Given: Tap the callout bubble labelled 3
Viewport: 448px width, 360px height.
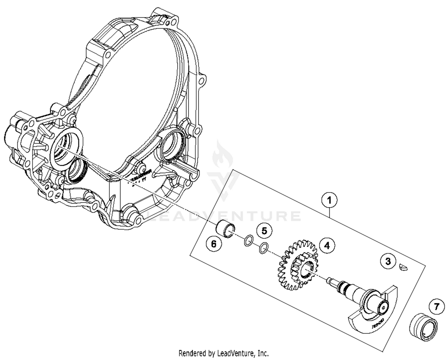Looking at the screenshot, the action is pyautogui.click(x=388, y=261).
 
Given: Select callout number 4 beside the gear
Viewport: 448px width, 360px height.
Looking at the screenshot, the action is pyautogui.click(x=327, y=245).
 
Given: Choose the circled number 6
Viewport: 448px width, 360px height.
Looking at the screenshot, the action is pyautogui.click(x=214, y=244).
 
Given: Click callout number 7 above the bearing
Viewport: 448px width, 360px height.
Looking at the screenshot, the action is pyautogui.click(x=437, y=307).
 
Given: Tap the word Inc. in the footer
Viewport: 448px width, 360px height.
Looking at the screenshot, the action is pyautogui.click(x=263, y=353).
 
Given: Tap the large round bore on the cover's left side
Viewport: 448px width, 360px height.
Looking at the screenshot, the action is pyautogui.click(x=66, y=146).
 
